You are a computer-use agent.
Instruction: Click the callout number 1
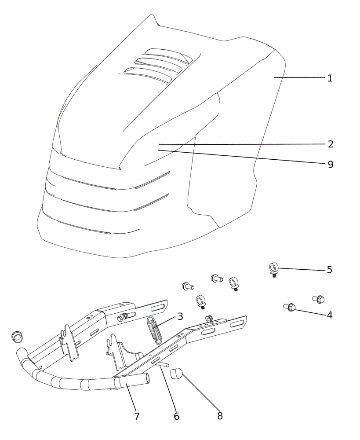tap(330, 78)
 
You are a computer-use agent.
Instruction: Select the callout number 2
tap(331, 144)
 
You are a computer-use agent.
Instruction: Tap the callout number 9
tap(331, 164)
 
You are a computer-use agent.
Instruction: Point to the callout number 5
tap(329, 270)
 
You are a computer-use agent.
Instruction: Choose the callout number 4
tap(329, 315)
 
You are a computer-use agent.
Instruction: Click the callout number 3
tap(180, 316)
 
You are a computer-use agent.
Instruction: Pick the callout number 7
tap(137, 416)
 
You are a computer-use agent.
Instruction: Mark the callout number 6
tap(176, 416)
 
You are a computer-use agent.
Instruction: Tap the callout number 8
tap(220, 416)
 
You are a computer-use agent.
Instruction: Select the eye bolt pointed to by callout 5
tap(273, 270)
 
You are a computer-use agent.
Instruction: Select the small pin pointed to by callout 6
tap(164, 364)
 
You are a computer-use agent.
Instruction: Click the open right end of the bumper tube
tap(147, 379)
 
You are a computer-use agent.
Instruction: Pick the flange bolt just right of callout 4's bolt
tap(319, 299)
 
